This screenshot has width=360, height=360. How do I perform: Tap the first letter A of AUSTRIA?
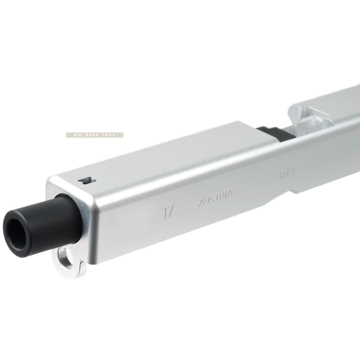click(x=201, y=203)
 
